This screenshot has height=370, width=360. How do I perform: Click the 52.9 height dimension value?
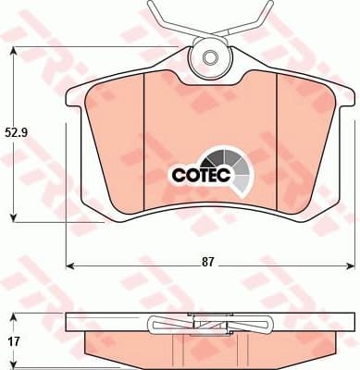pos(14,132)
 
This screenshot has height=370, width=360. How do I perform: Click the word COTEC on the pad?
pos(196,172)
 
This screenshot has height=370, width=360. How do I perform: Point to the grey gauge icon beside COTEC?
pos(237,167)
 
